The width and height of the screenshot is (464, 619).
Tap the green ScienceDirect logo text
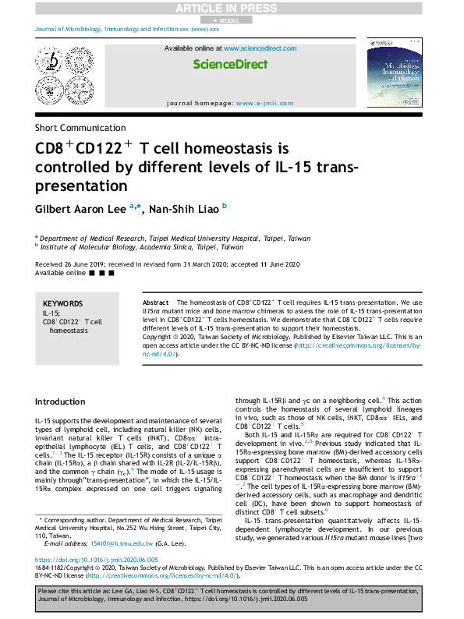231,65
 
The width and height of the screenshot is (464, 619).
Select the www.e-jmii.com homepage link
267,103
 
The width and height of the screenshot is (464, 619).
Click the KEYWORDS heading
62,303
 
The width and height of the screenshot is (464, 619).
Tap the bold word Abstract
155,302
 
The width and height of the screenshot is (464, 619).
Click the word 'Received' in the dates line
51,264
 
